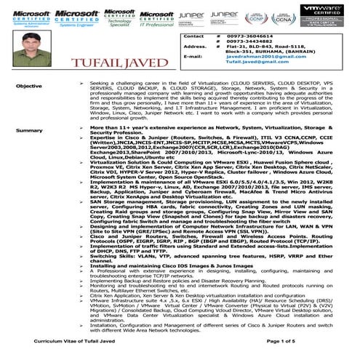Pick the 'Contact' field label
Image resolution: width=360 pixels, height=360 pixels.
(194, 35)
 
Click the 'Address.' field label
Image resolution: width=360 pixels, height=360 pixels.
(196, 49)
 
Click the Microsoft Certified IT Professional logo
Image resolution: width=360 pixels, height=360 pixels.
(156, 17)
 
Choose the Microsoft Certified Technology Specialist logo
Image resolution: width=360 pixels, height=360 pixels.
(119, 17)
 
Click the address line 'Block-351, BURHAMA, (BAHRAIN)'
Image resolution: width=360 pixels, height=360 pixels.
(256, 55)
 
